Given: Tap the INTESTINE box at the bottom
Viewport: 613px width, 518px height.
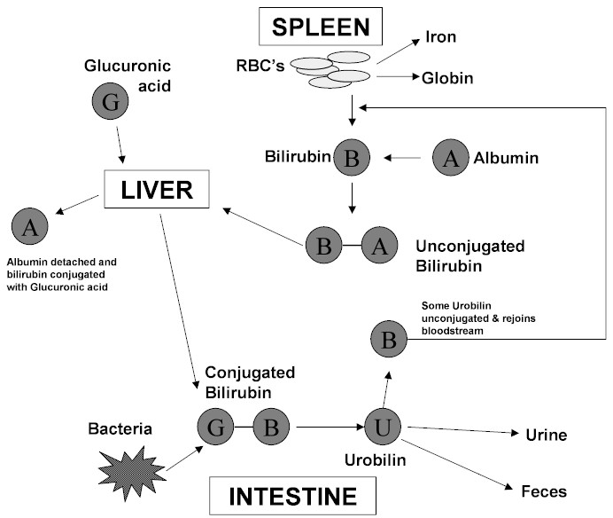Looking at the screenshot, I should click(x=293, y=496).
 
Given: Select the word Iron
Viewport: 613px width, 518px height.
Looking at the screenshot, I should click(x=440, y=38).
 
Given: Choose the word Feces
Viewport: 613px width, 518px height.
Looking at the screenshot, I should click(x=546, y=491).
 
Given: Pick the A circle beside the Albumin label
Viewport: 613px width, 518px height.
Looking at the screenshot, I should click(x=451, y=158).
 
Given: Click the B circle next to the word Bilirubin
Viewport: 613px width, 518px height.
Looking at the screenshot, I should click(x=352, y=160).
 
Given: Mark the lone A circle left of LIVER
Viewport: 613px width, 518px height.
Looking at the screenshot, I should click(x=30, y=226).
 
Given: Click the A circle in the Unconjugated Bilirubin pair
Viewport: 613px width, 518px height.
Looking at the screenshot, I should click(x=379, y=246).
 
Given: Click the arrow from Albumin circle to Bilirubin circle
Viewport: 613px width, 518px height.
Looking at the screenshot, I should click(x=402, y=159).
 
